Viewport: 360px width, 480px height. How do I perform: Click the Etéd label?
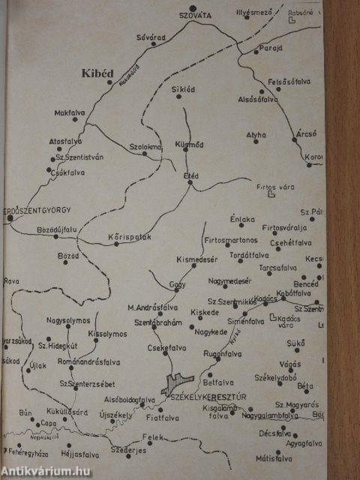pyautogui.click(x=191, y=175)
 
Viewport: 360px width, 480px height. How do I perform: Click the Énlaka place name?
pyautogui.click(x=243, y=218)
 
